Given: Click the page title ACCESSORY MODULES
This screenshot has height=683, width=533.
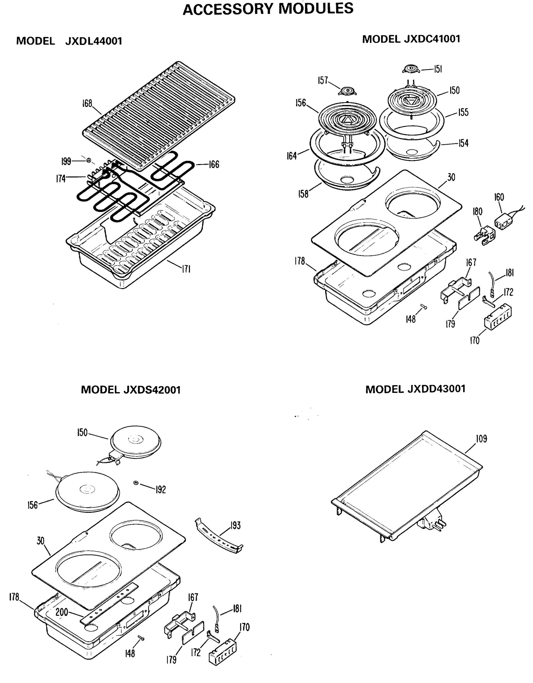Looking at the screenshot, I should coord(268,9).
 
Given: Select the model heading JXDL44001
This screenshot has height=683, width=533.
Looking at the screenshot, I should coord(69,41).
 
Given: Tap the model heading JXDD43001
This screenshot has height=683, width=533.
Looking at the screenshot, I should coord(415,389).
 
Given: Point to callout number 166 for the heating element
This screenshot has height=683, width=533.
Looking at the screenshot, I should coord(214,164).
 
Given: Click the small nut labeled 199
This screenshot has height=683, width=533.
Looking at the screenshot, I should coord(89,161).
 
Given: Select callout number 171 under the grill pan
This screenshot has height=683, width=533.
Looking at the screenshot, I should coord(186,269).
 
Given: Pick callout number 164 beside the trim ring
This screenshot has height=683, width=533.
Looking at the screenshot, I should coord(292,156).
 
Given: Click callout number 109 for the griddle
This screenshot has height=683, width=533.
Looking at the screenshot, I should coord(481,439).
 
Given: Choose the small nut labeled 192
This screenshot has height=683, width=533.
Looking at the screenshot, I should coord(136,483).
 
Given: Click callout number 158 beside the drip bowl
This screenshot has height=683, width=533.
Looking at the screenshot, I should coord(303,194).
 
